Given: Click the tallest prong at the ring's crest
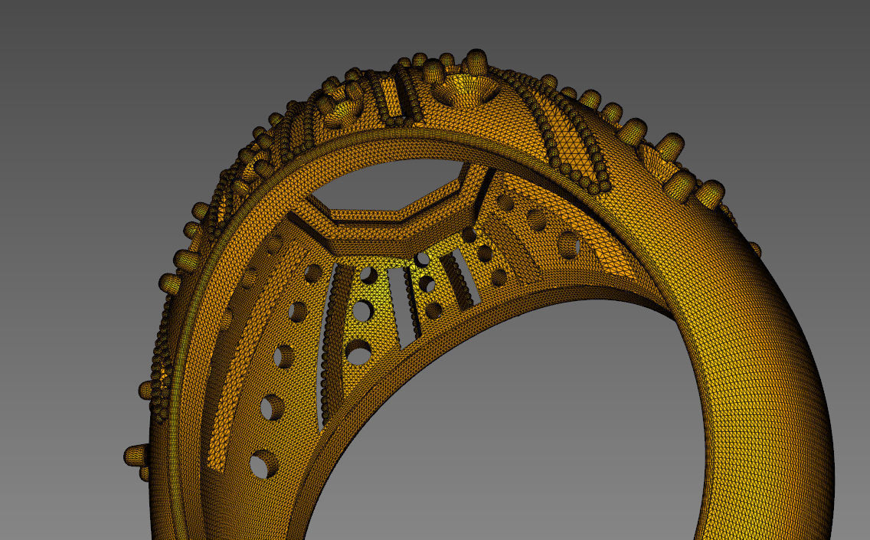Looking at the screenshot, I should pos(476,60).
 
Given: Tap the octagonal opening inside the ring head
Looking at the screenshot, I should pos(391,184).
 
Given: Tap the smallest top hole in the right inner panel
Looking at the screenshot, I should pos(505,202).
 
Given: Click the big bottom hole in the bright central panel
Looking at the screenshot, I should pos(358,352).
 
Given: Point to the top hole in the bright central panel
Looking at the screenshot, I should pos(368,274).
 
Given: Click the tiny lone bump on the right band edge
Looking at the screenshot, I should pos(755,249).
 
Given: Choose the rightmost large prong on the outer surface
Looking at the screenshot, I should pos(711,195).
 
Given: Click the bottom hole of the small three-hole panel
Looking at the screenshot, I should pos(433,311).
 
